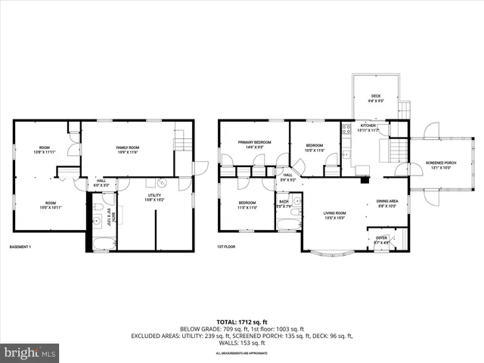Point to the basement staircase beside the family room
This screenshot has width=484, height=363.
pos(181,141)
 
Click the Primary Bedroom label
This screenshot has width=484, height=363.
pos(254,144)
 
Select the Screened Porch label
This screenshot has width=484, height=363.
pos(440,165)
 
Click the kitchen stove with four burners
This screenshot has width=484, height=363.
pos(346,129)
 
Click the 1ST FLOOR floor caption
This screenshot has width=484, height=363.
pos(227,247)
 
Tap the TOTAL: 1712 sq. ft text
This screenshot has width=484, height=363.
pos(242,321)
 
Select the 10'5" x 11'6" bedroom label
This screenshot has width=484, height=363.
pos(314,147)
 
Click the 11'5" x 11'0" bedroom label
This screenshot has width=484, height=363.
pos(247,205)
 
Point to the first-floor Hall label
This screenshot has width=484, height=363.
pos(288,176)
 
